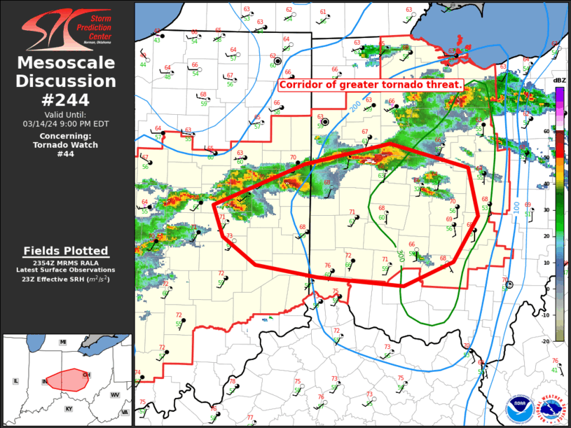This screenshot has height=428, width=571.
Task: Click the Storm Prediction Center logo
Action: (x=67, y=28)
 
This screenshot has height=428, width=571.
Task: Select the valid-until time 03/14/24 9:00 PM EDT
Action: (x=67, y=123)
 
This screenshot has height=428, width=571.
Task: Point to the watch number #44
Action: (x=67, y=154)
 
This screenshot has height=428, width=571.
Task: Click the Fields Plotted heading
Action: (x=66, y=251)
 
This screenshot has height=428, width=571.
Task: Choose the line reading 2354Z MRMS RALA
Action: (x=66, y=261)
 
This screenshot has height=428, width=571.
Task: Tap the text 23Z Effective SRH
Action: (x=66, y=279)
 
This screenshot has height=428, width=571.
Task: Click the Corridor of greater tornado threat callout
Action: (x=371, y=85)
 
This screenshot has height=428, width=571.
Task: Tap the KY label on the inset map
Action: (x=69, y=408)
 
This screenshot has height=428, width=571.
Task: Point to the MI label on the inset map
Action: (x=62, y=342)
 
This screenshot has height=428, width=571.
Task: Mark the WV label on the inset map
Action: (x=115, y=395)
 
